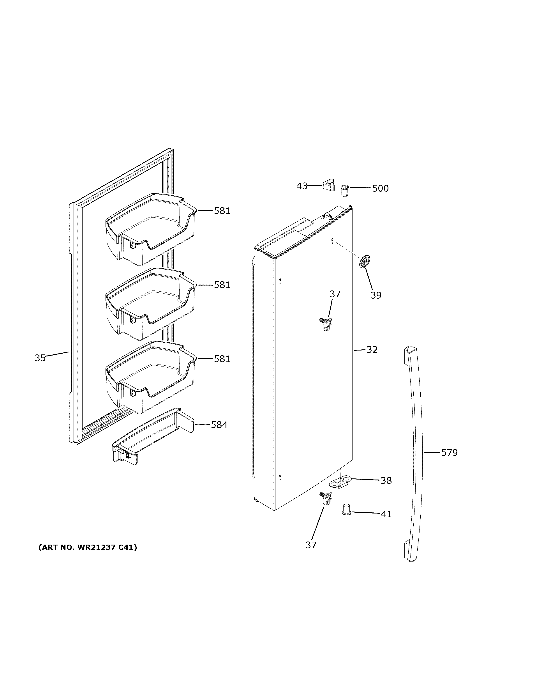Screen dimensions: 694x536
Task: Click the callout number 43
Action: pos(302,186)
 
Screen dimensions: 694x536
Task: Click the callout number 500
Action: pos(380,188)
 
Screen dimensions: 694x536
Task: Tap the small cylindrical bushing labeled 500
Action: pos(345,191)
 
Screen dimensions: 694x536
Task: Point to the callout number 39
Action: pos(376,295)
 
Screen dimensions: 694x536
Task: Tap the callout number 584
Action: pos(219,425)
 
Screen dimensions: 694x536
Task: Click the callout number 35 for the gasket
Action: pos(40,358)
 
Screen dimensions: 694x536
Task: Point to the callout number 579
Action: pos(449,453)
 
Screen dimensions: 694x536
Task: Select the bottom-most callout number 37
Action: pos(311,545)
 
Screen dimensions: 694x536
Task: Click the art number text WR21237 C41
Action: pos(88,547)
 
